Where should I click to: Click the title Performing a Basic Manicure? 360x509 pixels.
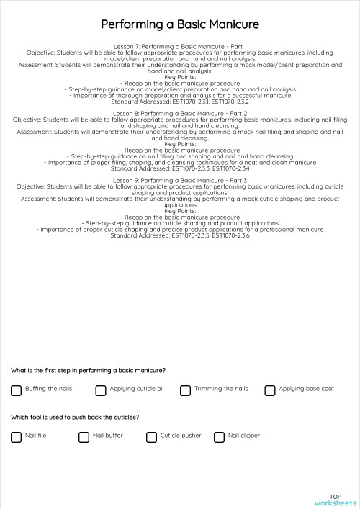pyautogui.click(x=180, y=25)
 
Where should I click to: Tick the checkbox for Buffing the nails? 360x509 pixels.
pyautogui.click(x=17, y=390)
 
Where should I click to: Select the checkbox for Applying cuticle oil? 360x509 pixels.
pyautogui.click(x=101, y=390)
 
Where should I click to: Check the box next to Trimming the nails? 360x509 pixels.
pyautogui.click(x=185, y=390)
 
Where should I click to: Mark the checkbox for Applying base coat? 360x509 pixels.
pyautogui.click(x=270, y=390)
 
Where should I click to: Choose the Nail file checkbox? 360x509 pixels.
pyautogui.click(x=17, y=437)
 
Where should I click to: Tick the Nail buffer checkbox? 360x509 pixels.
pyautogui.click(x=84, y=437)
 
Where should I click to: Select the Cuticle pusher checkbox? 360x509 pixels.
pyautogui.click(x=151, y=437)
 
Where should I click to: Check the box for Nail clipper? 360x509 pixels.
pyautogui.click(x=220, y=437)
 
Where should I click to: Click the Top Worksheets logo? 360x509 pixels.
pyautogui.click(x=335, y=500)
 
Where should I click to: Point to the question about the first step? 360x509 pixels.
pyautogui.click(x=88, y=370)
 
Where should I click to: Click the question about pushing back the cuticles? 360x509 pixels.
pyautogui.click(x=75, y=417)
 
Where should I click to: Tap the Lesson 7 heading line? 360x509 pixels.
pyautogui.click(x=180, y=47)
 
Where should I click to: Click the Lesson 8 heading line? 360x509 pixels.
pyautogui.click(x=180, y=114)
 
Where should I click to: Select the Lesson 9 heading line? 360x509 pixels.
pyautogui.click(x=180, y=180)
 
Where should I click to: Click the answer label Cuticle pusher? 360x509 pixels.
pyautogui.click(x=181, y=436)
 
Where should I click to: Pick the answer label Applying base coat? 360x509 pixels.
pyautogui.click(x=306, y=389)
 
